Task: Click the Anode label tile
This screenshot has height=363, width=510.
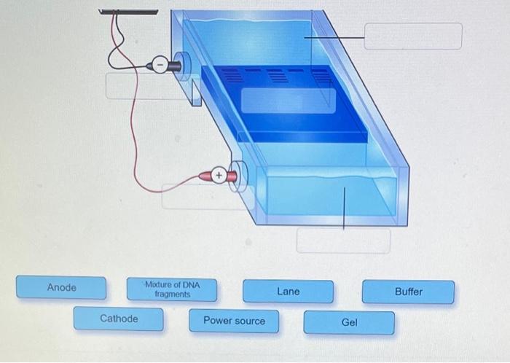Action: coord(61,288)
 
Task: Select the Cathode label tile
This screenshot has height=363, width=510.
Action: coord(119,319)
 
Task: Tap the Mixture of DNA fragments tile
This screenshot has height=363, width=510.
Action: coord(172,289)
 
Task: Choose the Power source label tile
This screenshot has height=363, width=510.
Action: coord(234,321)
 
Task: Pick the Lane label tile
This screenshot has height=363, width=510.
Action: coord(288,292)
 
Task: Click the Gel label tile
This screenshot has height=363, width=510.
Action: coord(349,322)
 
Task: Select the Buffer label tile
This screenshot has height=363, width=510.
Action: coord(408,292)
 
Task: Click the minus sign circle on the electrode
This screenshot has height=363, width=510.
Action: coord(160,65)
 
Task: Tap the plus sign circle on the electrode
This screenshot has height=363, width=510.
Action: coord(217,176)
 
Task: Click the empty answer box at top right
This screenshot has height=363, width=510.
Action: coord(412,36)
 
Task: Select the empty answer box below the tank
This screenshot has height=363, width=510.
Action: coord(343,241)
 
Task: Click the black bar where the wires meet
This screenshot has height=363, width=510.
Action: coord(128,12)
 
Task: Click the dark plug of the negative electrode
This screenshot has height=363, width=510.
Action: coord(175,66)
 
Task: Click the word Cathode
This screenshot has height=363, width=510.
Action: coord(119,319)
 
